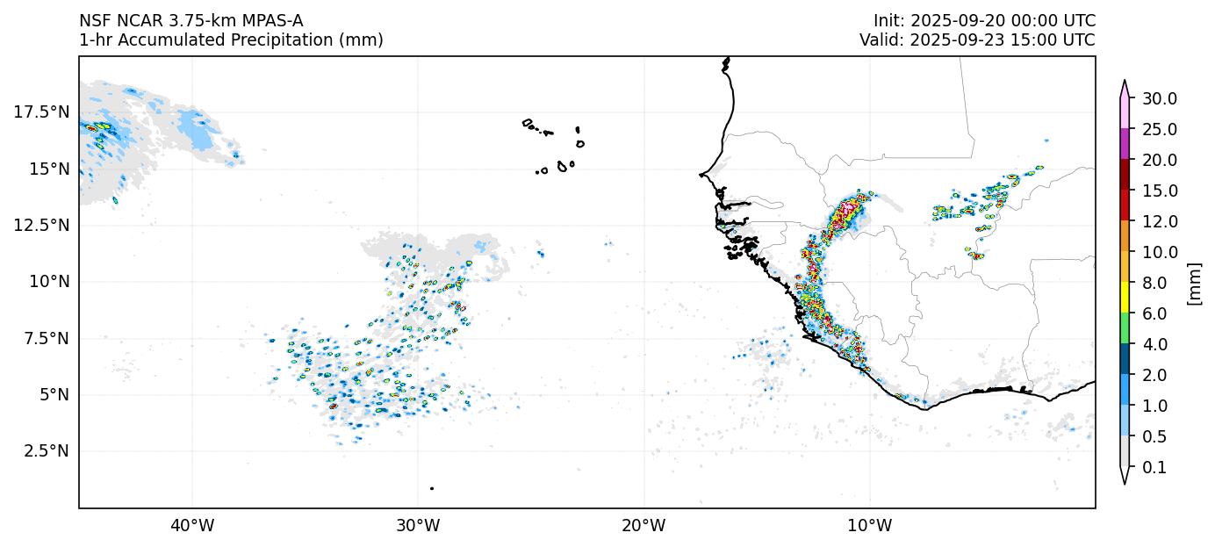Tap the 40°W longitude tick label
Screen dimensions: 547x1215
pyautogui.click(x=192, y=526)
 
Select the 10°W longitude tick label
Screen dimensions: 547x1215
pyautogui.click(x=870, y=526)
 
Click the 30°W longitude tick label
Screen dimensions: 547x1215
pyautogui.click(x=418, y=526)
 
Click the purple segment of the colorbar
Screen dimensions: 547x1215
pyautogui.click(x=1124, y=144)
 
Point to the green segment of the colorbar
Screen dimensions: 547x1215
pyautogui.click(x=1124, y=329)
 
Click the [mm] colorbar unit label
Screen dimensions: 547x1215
pyautogui.click(x=1194, y=283)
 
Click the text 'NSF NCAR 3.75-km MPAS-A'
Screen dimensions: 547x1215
pyautogui.click(x=191, y=21)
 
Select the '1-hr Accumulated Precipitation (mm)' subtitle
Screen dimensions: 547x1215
pyautogui.click(x=231, y=40)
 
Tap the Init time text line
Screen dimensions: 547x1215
pyautogui.click(x=984, y=21)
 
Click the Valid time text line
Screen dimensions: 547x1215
pyautogui.click(x=977, y=40)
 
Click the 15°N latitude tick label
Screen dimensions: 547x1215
pyautogui.click(x=46, y=169)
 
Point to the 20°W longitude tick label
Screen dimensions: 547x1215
pyautogui.click(x=643, y=526)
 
